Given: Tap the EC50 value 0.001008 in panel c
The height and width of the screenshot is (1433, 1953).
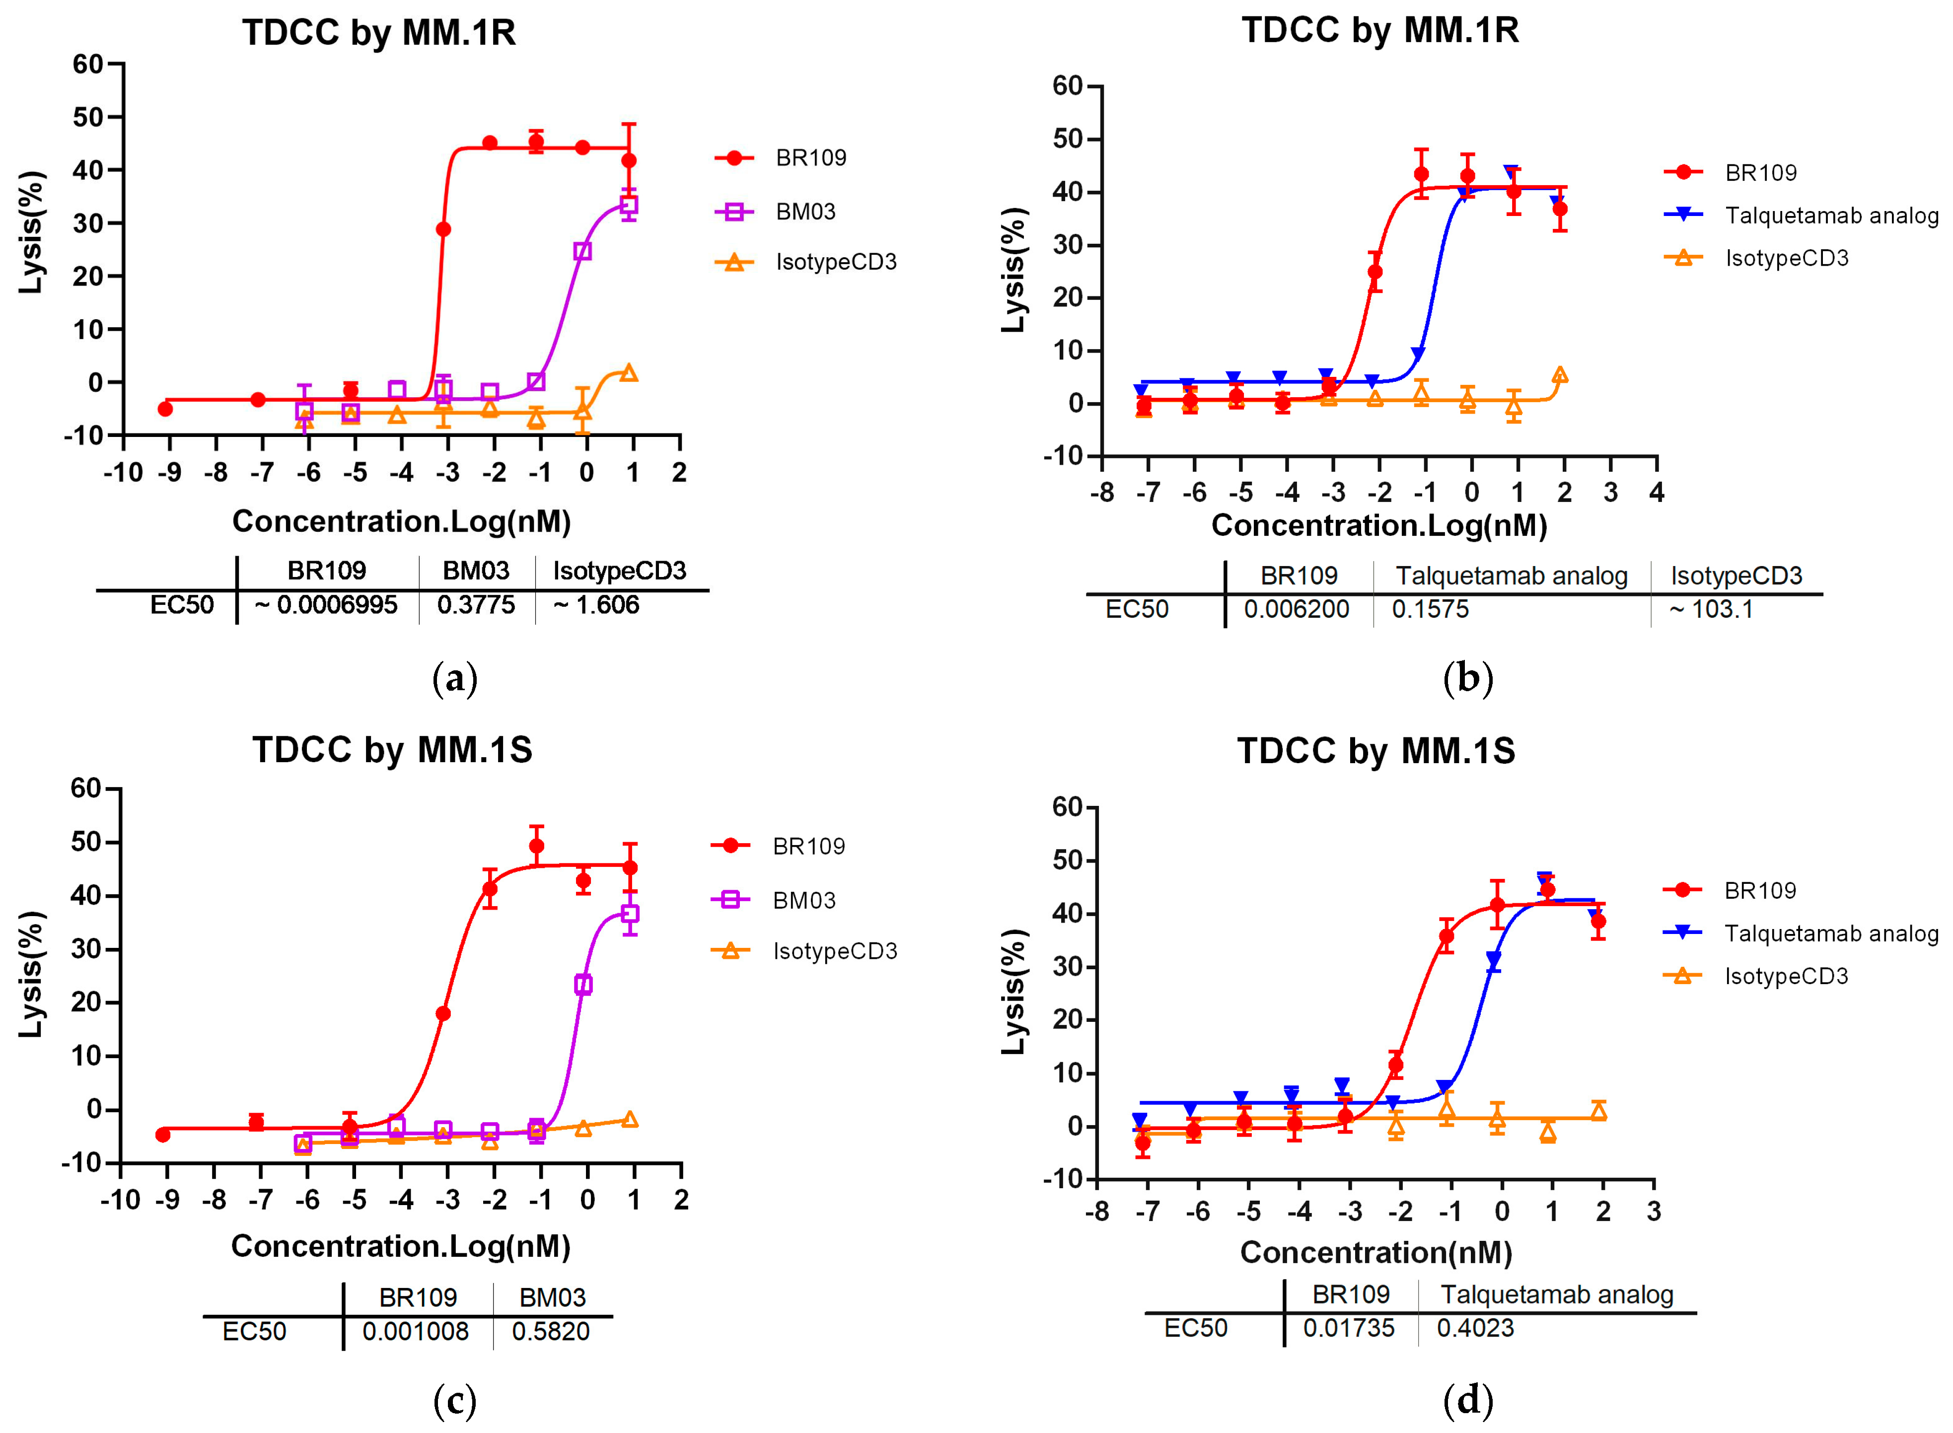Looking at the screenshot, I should click(416, 1331).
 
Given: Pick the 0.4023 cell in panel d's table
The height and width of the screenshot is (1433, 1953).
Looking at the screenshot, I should click(1475, 1327).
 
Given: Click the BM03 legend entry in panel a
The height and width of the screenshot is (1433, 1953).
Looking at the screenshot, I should click(805, 212).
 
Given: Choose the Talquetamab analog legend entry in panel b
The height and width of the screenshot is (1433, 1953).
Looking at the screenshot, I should click(1831, 215).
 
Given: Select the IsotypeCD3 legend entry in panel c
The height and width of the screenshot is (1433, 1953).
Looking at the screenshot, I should click(834, 951).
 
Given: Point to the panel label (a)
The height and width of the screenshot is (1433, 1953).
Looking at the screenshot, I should click(454, 677).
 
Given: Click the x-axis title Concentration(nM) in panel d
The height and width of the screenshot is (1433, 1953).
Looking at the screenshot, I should click(1375, 1252).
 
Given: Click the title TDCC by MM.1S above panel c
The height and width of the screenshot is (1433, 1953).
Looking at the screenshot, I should click(392, 749).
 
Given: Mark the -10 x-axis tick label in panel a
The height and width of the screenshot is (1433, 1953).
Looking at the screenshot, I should click(122, 473).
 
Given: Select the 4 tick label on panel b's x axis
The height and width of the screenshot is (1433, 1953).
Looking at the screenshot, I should click(1657, 493).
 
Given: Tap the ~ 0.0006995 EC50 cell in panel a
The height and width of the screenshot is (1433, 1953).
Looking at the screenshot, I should click(326, 605).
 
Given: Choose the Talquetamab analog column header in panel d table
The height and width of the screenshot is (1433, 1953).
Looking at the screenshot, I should click(1557, 1294).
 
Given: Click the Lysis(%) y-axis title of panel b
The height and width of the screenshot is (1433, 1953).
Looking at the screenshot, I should click(1013, 269).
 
